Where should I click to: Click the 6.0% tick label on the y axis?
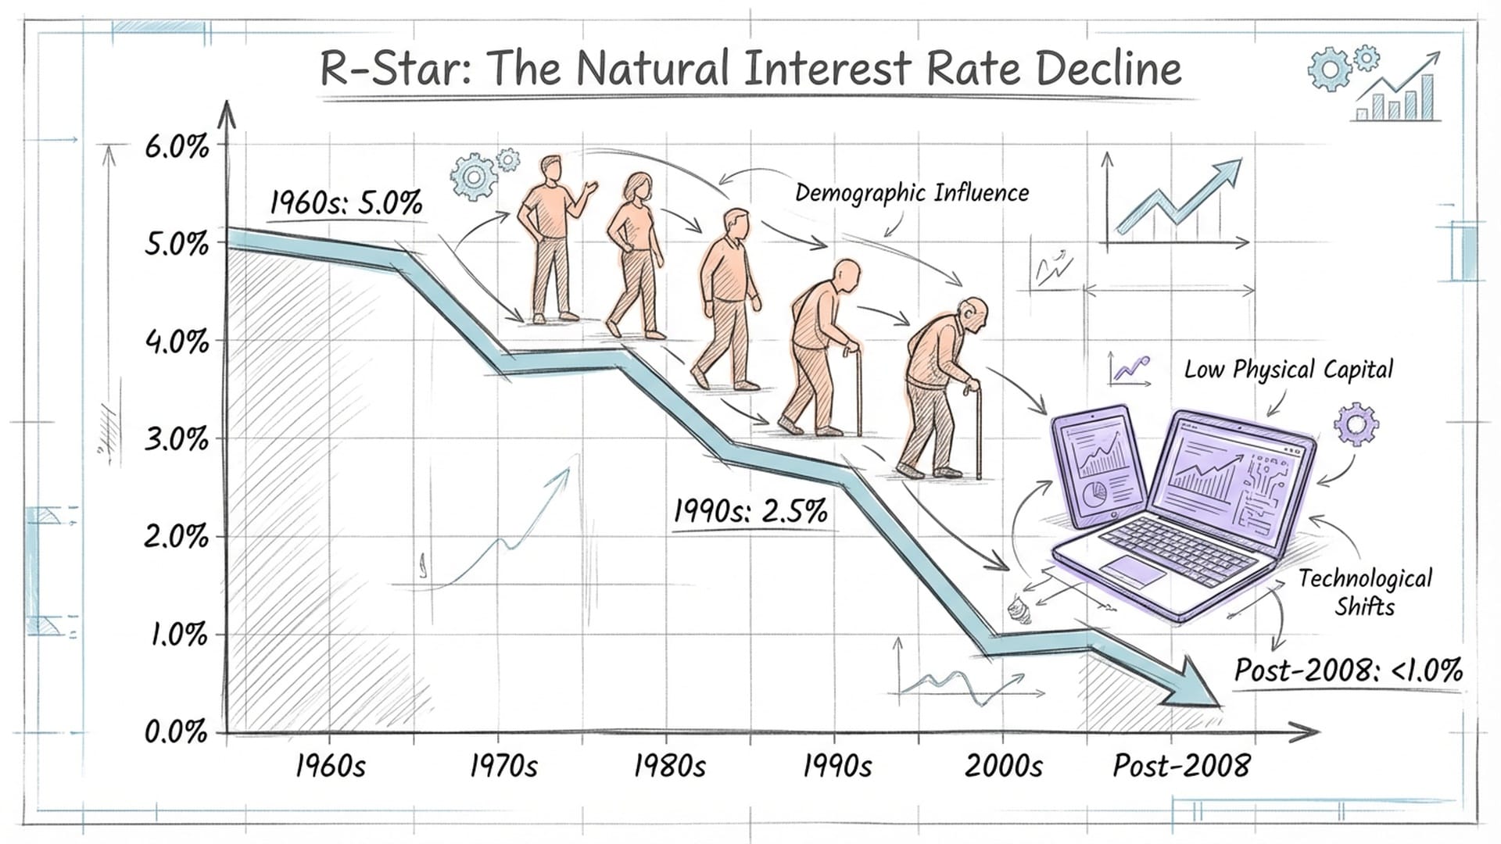(177, 147)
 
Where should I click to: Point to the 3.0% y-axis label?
(177, 440)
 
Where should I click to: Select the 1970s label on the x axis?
(503, 766)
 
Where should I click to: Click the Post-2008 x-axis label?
(1181, 766)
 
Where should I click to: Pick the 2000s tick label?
(1003, 766)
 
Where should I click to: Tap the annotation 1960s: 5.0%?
(346, 203)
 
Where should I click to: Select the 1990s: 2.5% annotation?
(750, 512)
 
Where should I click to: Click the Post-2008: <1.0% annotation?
(1348, 671)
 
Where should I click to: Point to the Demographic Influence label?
(912, 193)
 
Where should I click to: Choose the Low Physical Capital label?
(1288, 370)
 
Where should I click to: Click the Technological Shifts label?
(1365, 592)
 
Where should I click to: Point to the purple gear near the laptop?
(1356, 425)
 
